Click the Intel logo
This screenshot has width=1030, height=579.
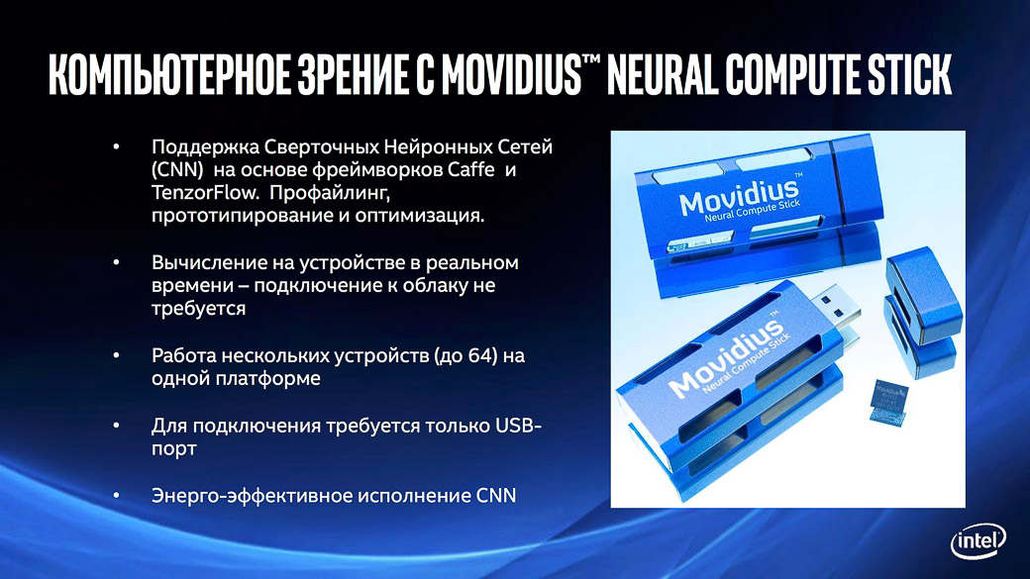point(978,541)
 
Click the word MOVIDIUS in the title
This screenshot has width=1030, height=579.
point(512,74)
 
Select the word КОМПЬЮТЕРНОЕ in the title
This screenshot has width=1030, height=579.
point(169,74)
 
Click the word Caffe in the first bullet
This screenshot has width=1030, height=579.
point(471,169)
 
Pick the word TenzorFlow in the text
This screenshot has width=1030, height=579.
point(205,192)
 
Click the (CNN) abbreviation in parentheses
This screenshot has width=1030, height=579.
point(177,169)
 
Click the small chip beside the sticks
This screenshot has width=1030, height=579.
point(888,401)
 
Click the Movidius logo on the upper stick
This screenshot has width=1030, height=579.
point(740,198)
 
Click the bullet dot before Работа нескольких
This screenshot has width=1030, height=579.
point(116,355)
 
